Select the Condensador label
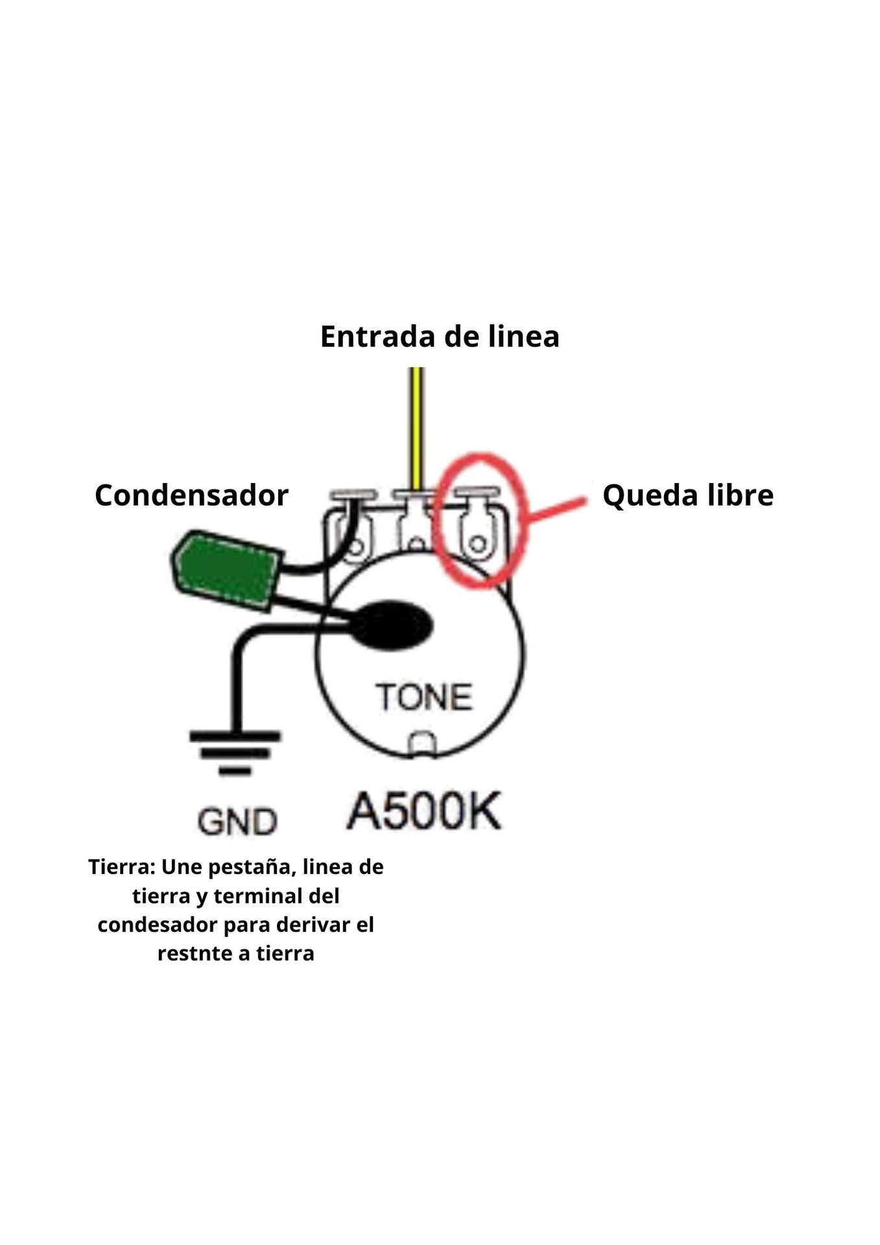point(191,495)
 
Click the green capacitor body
point(226,571)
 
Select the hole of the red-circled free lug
point(477,543)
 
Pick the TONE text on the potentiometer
point(424,698)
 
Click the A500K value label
point(424,811)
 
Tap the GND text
point(237,822)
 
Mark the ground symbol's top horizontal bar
point(235,736)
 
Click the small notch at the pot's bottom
point(422,744)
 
